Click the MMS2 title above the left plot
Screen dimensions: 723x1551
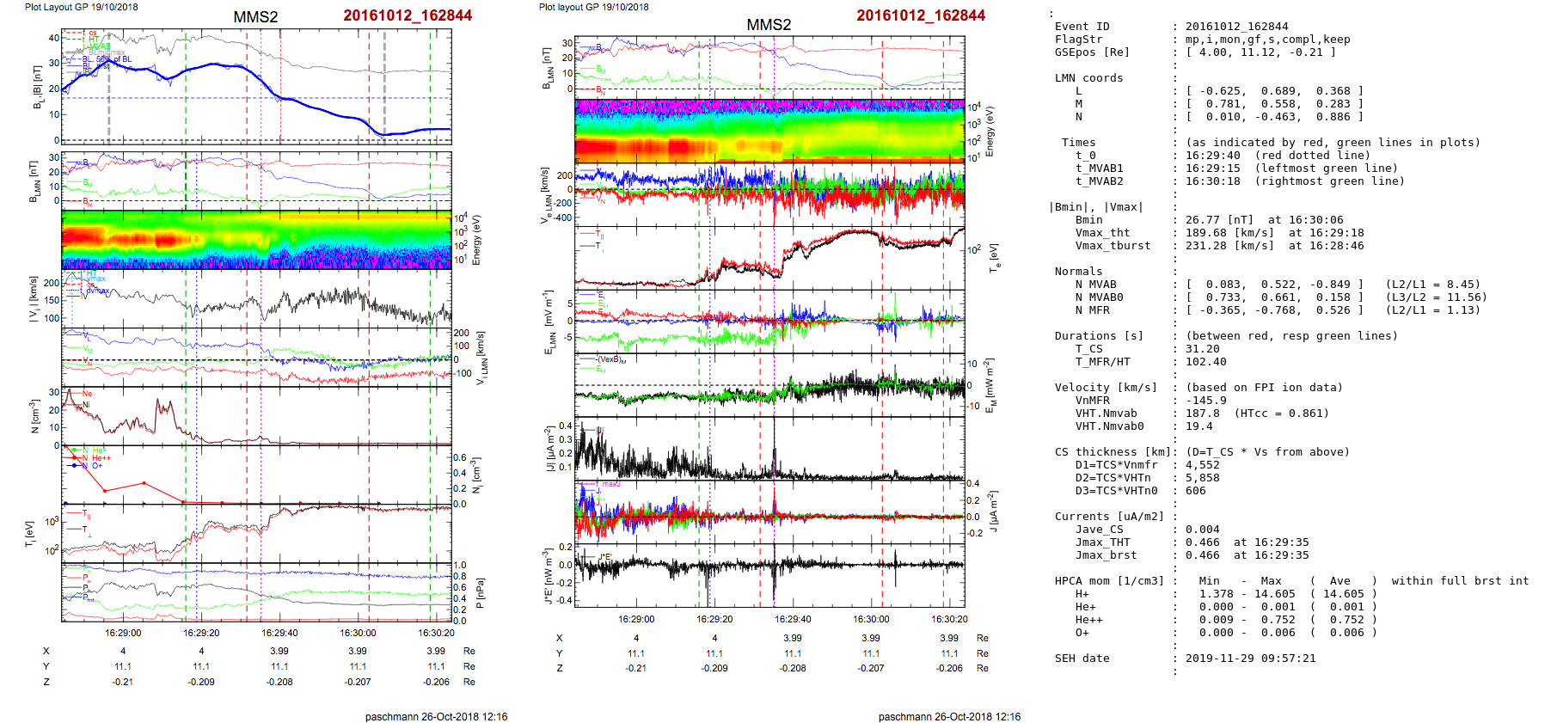[255, 17]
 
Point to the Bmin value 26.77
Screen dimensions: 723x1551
[1203, 220]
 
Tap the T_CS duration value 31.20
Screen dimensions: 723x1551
[1203, 349]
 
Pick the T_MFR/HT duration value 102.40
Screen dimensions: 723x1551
[1206, 362]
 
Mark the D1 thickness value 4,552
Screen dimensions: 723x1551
[1203, 465]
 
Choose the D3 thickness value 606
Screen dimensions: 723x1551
[1196, 491]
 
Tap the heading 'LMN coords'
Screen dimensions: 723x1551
[1088, 78]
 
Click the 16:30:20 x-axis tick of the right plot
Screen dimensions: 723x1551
[949, 619]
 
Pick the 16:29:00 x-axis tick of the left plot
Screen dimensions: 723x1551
[123, 633]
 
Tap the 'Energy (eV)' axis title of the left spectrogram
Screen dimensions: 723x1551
[476, 240]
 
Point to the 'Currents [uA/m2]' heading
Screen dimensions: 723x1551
[1109, 517]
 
